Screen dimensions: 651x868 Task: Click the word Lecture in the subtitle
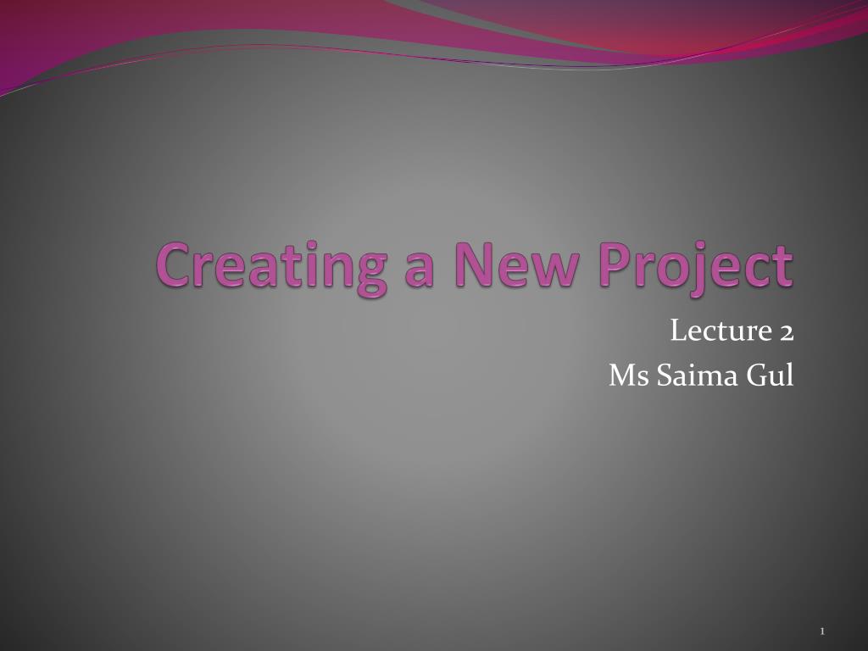pos(719,331)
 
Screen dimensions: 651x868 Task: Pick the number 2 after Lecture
pos(786,331)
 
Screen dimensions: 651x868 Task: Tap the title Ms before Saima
pos(626,375)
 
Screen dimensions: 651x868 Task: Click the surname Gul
pos(770,375)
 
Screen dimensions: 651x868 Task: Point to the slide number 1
pos(823,631)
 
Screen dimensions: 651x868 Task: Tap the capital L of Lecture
pos(677,331)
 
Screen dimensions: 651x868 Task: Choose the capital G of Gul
pos(754,375)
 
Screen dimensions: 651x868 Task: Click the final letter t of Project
pos(785,266)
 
